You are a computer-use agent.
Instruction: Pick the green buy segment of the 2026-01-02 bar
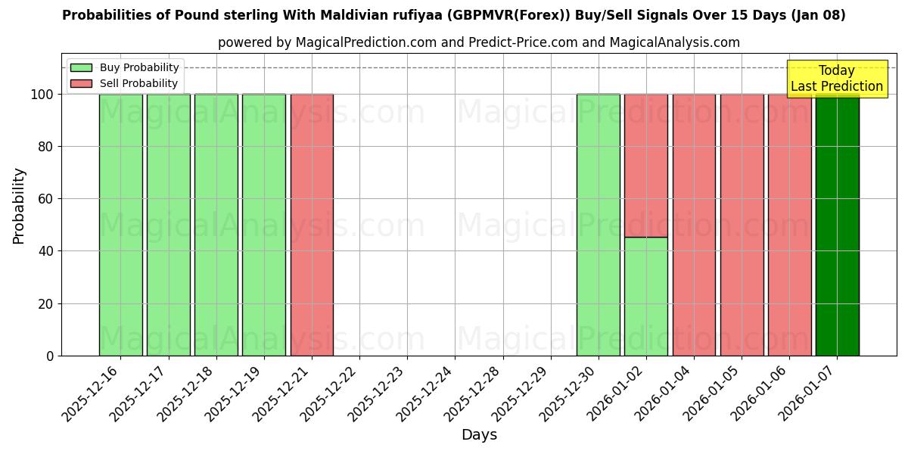646,296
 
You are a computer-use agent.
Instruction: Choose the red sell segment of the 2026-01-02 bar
646,166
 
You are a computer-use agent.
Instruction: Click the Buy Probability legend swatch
81,68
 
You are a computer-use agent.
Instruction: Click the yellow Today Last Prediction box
837,79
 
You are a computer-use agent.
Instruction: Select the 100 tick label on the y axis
42,95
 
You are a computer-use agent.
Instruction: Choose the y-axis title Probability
19,206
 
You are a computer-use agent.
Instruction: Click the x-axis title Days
479,435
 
